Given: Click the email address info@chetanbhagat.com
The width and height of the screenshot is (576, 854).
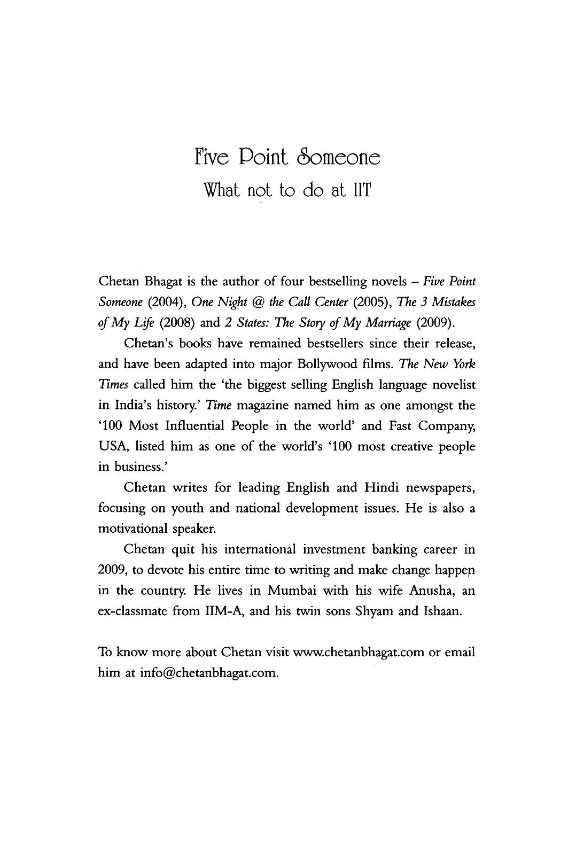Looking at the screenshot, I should point(209,673).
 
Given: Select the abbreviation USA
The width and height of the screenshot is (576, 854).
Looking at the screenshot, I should point(111,446).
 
